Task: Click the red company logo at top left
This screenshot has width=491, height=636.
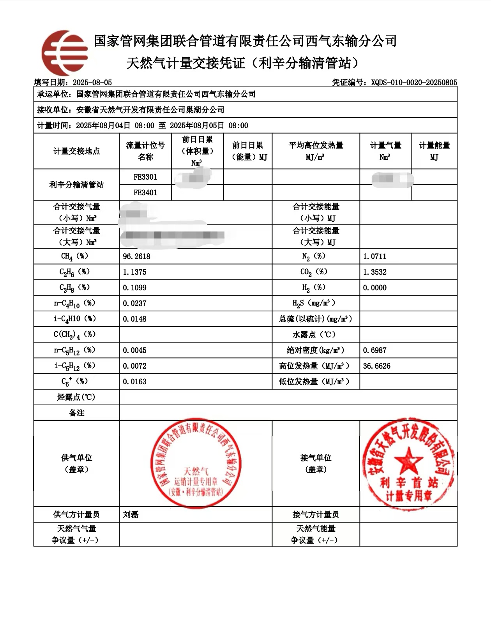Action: (64, 53)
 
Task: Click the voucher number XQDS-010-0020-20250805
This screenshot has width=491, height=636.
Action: (414, 82)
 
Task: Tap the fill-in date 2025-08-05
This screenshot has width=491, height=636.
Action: (92, 82)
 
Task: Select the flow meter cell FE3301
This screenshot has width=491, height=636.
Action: (145, 177)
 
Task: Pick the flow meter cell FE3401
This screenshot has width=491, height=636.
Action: (145, 193)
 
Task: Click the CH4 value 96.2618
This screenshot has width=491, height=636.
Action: (136, 256)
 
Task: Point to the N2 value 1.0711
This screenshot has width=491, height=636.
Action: (374, 256)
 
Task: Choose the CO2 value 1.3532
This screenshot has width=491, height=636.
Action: (374, 272)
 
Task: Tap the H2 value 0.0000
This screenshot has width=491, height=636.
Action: (374, 288)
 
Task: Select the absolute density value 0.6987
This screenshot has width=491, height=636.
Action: (374, 350)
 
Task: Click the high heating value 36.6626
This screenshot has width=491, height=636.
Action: (376, 366)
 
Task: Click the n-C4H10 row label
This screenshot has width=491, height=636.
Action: (74, 303)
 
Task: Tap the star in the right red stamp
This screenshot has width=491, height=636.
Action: (408, 459)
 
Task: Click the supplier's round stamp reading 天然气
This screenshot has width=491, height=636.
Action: (196, 464)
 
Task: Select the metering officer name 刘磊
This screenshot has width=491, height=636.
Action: (131, 514)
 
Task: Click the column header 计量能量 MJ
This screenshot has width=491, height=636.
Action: (434, 151)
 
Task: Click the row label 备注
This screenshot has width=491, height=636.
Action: (76, 413)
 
